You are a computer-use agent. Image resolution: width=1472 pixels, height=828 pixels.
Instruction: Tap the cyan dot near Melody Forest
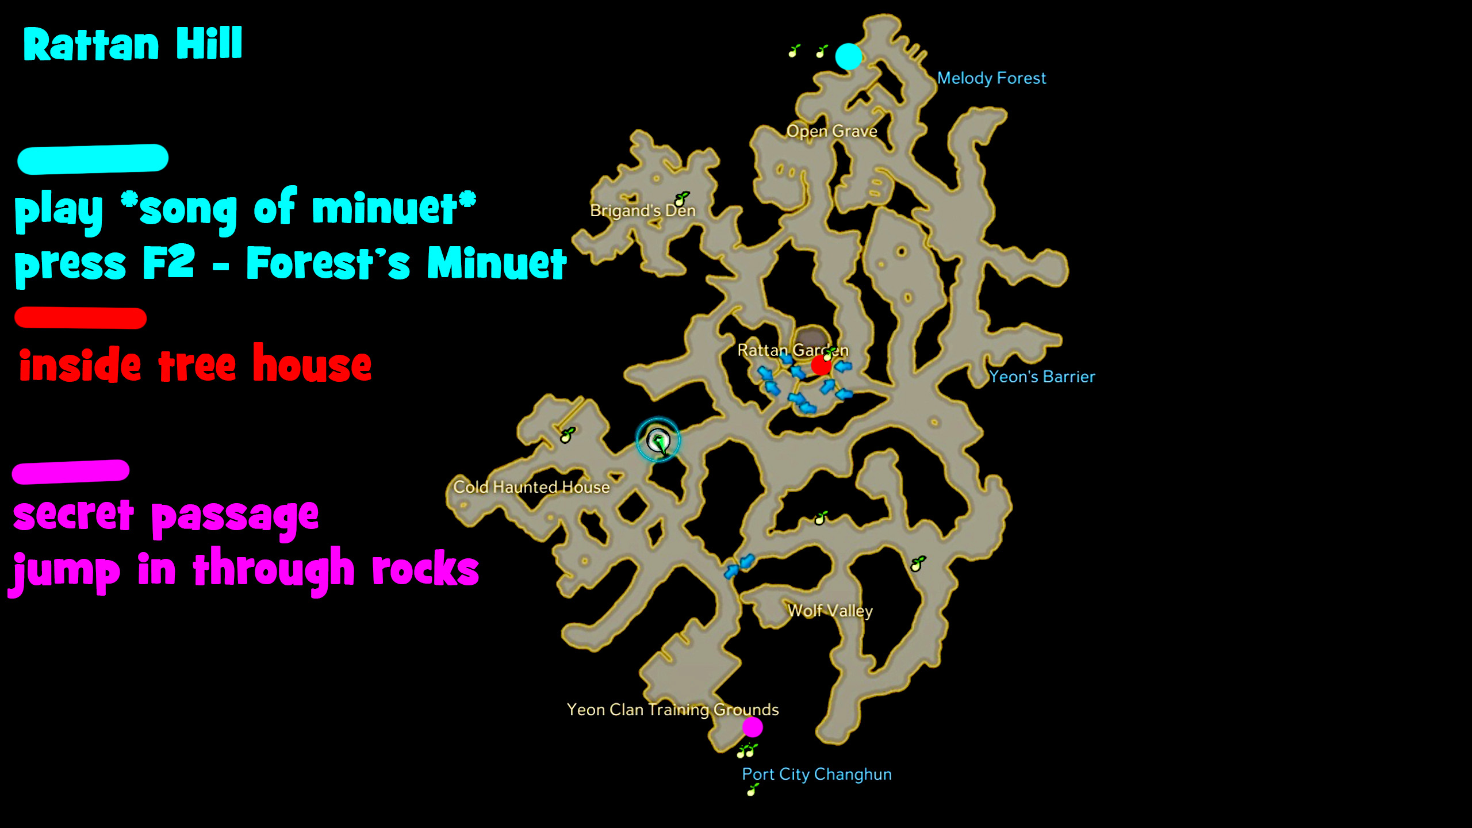point(849,56)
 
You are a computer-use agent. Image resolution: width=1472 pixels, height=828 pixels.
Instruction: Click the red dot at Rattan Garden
point(821,365)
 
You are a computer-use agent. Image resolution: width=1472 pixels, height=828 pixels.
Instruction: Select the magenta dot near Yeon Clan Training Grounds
point(753,727)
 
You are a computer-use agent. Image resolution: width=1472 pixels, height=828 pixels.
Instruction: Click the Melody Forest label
point(991,78)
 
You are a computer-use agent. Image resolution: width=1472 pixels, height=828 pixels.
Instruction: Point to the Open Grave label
point(831,131)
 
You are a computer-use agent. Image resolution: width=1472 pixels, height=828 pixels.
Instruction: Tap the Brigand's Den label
point(643,210)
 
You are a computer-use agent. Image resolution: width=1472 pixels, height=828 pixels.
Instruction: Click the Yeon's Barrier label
point(1042,377)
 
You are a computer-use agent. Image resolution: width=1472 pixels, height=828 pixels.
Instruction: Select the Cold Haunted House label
point(531,487)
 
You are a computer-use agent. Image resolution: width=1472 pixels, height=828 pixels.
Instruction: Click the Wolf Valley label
point(830,610)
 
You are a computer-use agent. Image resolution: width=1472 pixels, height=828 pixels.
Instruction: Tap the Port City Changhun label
point(816,774)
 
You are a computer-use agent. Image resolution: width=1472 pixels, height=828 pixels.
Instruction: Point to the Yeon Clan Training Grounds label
point(673,710)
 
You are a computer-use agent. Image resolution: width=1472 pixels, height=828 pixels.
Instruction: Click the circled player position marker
point(658,440)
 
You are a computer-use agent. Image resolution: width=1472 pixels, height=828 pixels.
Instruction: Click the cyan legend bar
point(93,159)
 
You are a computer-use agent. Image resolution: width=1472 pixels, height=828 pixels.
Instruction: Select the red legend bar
point(80,318)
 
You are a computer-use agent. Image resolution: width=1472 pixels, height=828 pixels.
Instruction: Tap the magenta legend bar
point(71,471)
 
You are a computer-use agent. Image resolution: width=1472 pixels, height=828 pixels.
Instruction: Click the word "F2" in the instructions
point(168,262)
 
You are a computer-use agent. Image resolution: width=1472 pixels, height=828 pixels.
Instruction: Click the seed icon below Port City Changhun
point(752,791)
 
